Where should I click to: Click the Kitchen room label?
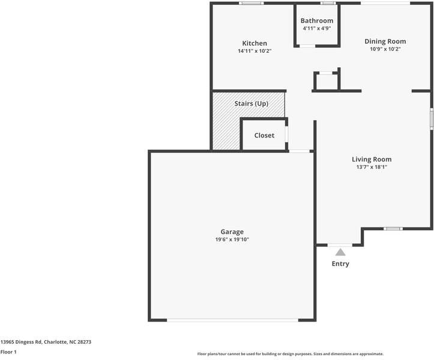[x=255, y=43]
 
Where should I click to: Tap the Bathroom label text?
[x=317, y=21]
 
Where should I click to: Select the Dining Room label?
[x=385, y=41]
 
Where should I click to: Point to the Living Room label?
[x=372, y=159]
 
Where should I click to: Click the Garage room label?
[x=232, y=232]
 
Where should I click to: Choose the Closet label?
[x=264, y=136]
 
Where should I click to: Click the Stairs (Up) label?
[x=251, y=104]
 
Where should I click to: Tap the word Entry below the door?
[x=340, y=264]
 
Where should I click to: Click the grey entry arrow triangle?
[x=340, y=252]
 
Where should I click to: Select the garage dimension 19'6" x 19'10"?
[x=232, y=239]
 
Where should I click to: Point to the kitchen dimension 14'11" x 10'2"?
[x=255, y=51]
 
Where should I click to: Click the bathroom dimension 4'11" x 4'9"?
[x=317, y=29]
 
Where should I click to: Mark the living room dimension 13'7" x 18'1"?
[x=372, y=167]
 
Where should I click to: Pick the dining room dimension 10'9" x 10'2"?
[x=385, y=49]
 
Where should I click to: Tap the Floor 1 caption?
[x=8, y=352]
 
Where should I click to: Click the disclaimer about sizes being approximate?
[x=290, y=354]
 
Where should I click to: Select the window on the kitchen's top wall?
[x=251, y=4]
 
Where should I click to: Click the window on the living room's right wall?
[x=431, y=118]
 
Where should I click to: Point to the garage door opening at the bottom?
[x=232, y=320]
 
